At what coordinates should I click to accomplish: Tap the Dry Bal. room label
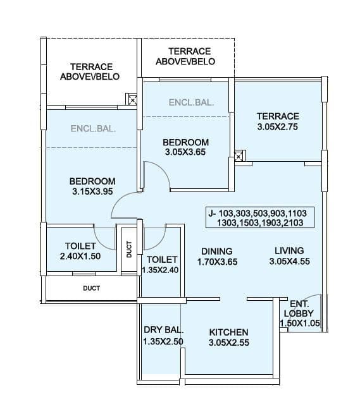[163, 330]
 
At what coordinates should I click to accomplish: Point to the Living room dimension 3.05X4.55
[289, 262]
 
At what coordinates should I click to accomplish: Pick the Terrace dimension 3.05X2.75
[277, 128]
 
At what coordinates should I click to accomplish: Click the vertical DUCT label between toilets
[129, 250]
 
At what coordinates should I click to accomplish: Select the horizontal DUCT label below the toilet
[91, 288]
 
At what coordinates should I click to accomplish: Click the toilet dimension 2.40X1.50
[80, 257]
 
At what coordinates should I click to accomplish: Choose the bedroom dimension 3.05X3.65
[185, 152]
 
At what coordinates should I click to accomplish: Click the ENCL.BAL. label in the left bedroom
[93, 128]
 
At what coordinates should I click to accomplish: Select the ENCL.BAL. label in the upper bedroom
[191, 102]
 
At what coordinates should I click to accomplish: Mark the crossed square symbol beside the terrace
[239, 156]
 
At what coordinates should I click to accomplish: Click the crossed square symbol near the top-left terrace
[132, 99]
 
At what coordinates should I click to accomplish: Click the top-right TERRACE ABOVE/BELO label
[185, 56]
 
